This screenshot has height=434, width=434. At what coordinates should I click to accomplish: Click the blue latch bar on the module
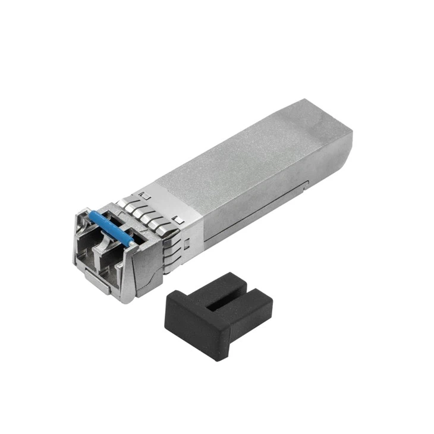[110, 227]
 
